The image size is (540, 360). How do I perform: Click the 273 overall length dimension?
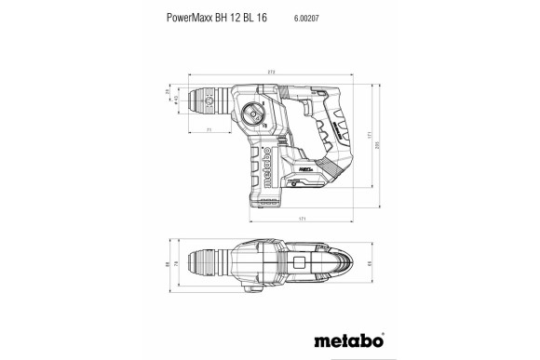tap(271, 72)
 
